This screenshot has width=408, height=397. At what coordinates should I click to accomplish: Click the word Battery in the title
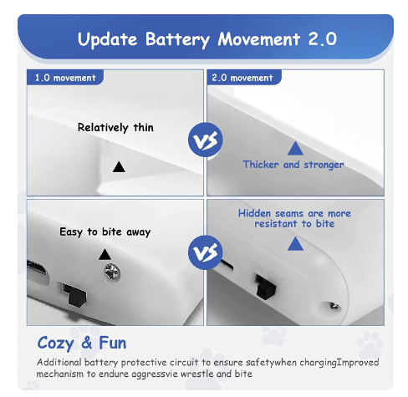point(177,39)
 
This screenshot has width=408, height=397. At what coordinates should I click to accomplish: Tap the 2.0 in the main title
point(323,39)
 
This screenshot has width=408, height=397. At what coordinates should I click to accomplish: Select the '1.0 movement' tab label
point(65,78)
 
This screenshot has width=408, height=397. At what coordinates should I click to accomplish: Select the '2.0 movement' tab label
point(242,78)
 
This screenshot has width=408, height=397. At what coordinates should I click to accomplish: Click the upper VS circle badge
point(206,140)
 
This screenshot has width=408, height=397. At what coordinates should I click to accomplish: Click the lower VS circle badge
point(206,252)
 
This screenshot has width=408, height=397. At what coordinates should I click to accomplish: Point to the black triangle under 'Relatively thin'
point(119,166)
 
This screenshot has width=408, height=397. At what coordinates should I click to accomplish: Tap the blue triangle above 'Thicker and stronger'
point(295,148)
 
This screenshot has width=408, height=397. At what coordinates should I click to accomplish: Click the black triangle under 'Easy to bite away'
point(105,254)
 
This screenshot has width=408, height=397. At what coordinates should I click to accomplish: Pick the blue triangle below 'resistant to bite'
point(295,243)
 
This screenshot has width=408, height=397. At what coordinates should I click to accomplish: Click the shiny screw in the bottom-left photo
point(112,272)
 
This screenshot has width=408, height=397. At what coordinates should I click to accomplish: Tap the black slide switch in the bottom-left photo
point(75,295)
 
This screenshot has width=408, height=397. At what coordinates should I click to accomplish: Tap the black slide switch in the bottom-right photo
point(266,287)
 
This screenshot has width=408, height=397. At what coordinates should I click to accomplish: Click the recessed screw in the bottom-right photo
point(334,307)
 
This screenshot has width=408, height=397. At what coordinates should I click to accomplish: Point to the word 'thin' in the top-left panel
point(144,127)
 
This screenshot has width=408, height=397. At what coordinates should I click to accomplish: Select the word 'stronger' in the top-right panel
point(324,165)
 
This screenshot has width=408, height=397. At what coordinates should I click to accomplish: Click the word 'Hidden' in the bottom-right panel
point(254,213)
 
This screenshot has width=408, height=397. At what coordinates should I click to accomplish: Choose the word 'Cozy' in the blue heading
point(55,344)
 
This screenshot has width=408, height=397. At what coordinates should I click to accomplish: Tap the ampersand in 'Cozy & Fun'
point(87,343)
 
